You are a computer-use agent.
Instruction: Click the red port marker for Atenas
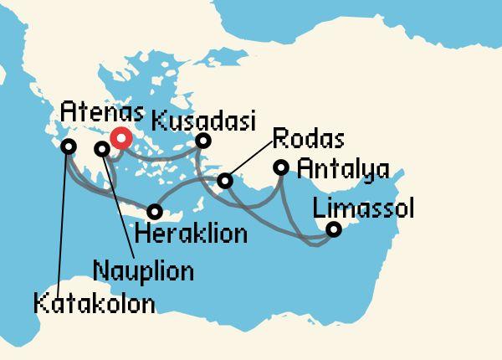121,139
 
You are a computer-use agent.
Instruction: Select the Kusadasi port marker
202,141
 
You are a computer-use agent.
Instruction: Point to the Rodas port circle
224,180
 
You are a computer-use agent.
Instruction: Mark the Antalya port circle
282,168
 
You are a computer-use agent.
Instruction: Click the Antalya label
343,170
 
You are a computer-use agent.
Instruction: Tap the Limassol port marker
333,229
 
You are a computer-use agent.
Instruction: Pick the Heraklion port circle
155,212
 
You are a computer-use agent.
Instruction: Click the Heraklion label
191,234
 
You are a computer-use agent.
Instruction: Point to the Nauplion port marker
102,149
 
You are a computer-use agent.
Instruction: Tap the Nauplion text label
143,271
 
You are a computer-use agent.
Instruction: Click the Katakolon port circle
68,147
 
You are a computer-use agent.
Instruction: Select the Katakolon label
95,303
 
